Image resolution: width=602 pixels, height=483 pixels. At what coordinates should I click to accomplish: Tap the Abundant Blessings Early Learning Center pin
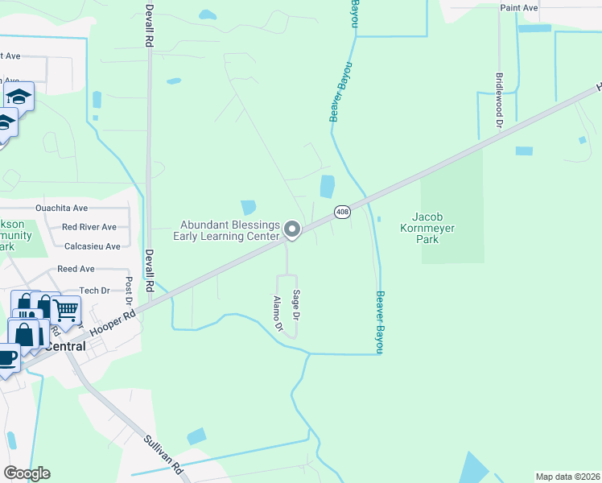(x=293, y=230)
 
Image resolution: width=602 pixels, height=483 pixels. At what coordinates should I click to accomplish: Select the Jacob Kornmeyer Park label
(x=439, y=228)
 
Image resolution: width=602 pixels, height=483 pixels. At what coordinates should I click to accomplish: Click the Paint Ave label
(x=518, y=7)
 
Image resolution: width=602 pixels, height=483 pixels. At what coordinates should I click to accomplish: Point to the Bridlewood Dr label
(x=499, y=103)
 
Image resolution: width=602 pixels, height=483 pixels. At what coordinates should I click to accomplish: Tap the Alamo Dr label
(x=278, y=314)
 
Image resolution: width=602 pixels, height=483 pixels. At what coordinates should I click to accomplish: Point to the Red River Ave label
(x=89, y=227)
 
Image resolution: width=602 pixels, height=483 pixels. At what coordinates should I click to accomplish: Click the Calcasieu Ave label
(x=92, y=246)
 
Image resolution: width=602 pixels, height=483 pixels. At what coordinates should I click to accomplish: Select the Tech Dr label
(x=94, y=291)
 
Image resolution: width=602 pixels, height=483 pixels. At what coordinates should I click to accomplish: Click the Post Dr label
(x=129, y=291)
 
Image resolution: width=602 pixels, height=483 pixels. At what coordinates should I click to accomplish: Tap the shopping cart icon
(x=65, y=308)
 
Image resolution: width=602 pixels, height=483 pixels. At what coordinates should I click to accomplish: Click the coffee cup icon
(x=6, y=357)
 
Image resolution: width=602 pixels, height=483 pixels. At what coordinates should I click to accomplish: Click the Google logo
(x=27, y=473)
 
